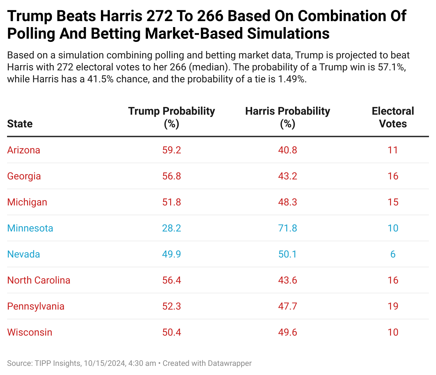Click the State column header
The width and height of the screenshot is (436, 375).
[20, 124]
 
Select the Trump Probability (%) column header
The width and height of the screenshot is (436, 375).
[172, 117]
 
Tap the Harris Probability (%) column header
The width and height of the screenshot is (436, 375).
[288, 117]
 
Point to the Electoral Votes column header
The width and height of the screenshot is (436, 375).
[393, 117]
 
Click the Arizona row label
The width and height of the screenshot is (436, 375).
[24, 150]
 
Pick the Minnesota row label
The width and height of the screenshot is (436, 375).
[30, 228]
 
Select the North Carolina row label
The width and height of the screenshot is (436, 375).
[39, 280]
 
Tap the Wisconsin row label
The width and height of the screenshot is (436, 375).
[30, 332]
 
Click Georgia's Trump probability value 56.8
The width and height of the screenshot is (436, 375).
[172, 176]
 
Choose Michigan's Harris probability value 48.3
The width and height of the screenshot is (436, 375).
[288, 202]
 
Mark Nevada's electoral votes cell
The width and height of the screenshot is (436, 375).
[393, 254]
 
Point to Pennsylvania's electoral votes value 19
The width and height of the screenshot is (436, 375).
[393, 306]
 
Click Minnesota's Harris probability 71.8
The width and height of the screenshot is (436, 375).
[288, 228]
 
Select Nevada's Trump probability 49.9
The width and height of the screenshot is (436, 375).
[172, 254]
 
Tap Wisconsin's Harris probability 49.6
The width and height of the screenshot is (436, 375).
[288, 332]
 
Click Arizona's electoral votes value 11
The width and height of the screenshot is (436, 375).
[393, 150]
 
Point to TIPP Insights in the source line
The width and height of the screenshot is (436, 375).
[58, 363]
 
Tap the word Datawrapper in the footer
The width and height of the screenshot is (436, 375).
[230, 363]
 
